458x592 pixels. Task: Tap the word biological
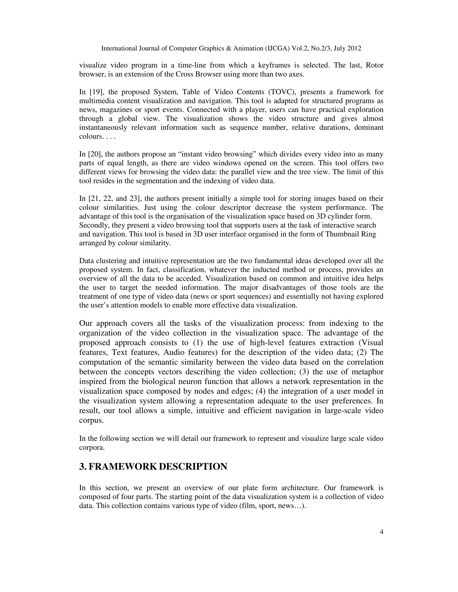164,381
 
